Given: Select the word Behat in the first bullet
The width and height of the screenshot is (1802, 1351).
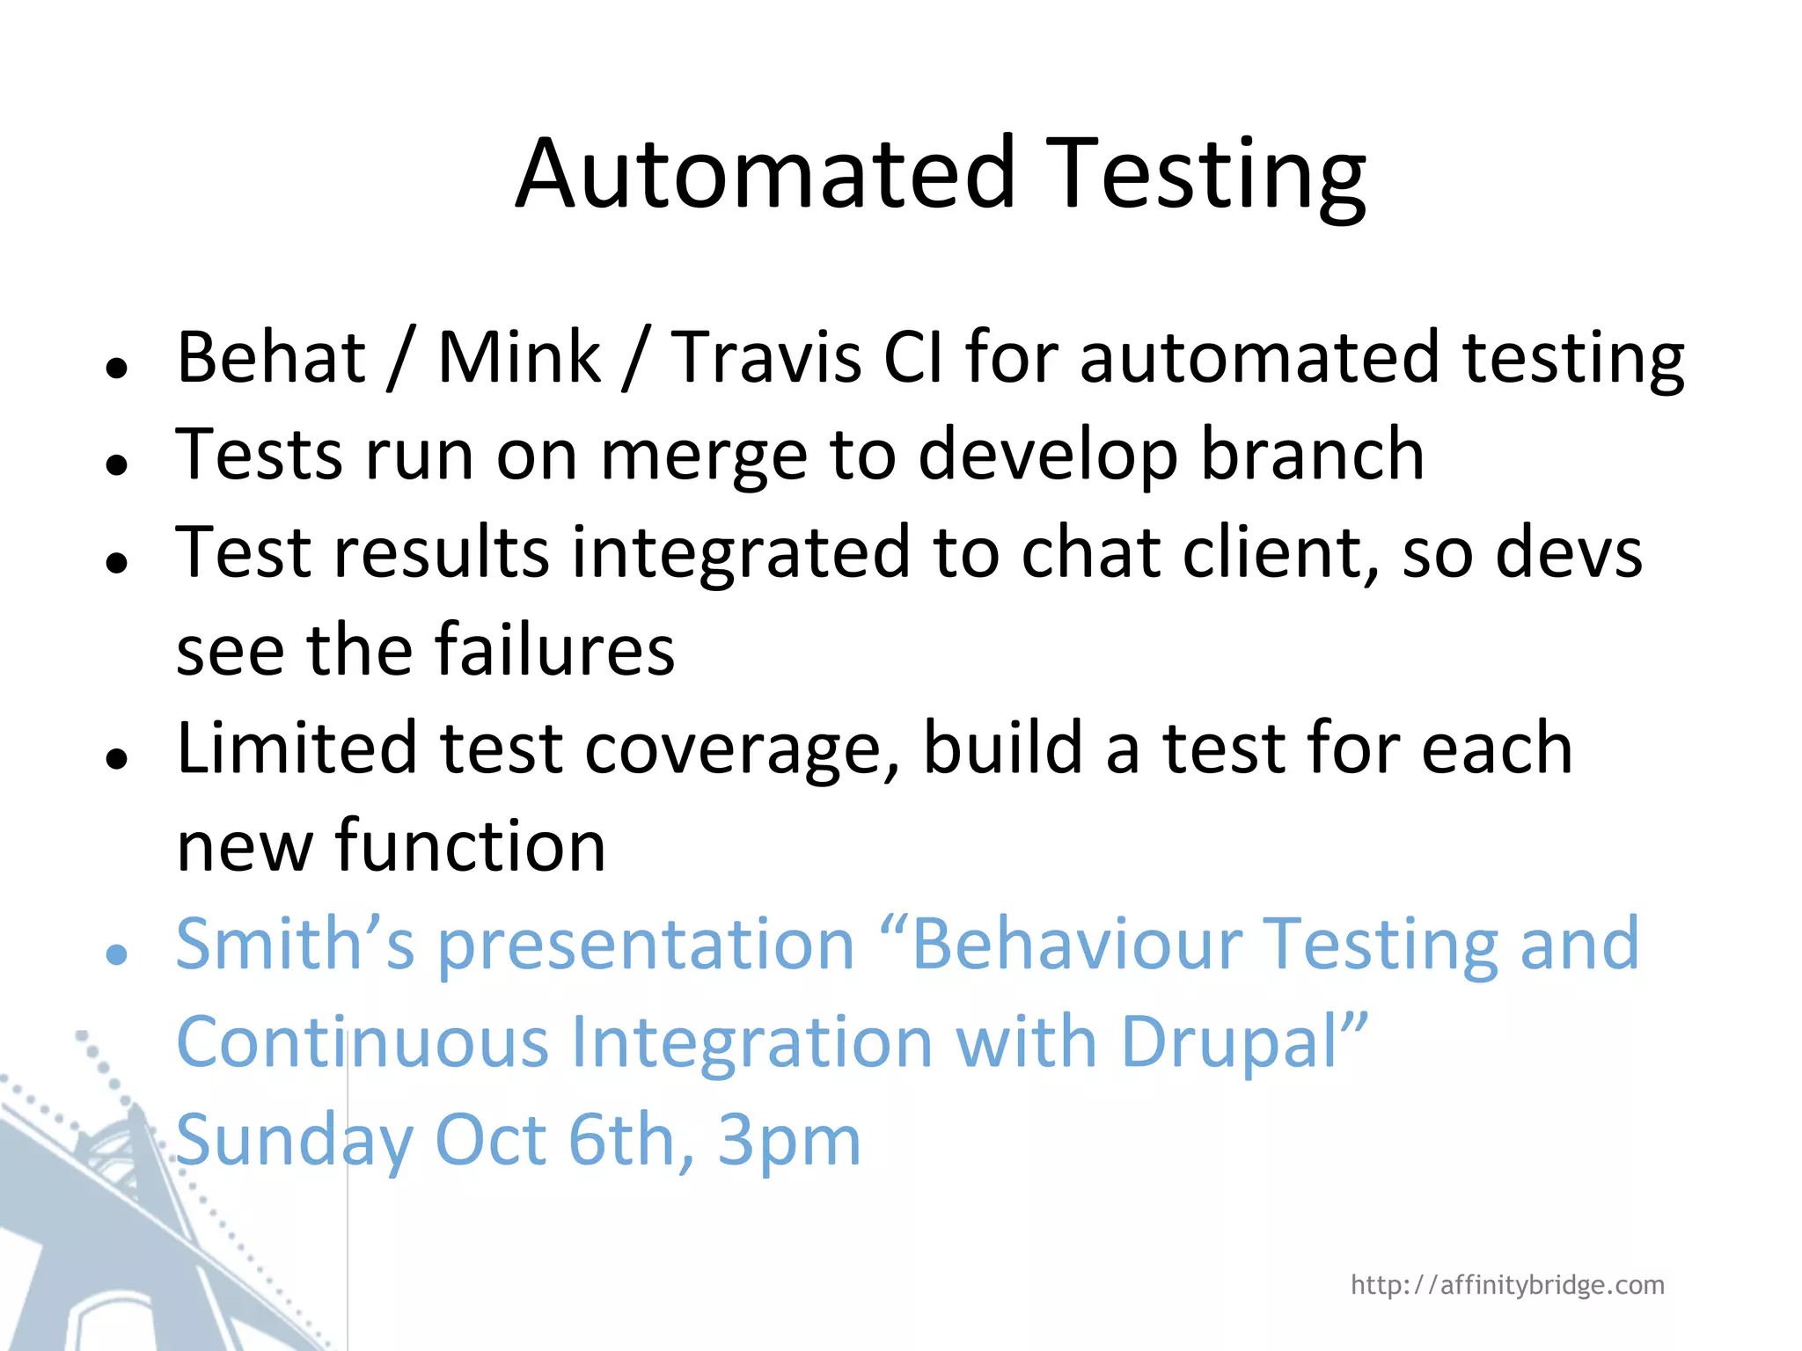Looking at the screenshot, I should click(271, 357).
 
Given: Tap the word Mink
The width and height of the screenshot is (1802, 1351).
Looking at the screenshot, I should click(519, 357).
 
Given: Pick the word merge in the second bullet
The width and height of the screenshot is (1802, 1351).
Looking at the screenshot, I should click(704, 456).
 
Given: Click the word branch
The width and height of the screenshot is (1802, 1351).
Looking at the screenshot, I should click(1312, 456).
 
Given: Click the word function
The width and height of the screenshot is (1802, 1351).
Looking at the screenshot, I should click(470, 846).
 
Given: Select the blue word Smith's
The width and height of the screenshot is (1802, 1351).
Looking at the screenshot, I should click(295, 944).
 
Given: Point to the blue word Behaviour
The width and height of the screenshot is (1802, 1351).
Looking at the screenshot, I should click(1078, 944).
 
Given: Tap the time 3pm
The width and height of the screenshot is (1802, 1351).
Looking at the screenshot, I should click(789, 1141).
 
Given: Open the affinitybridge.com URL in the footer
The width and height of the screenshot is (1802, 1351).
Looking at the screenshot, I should click(1507, 1285).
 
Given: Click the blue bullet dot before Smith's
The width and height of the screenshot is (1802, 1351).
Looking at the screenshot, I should click(116, 954).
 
